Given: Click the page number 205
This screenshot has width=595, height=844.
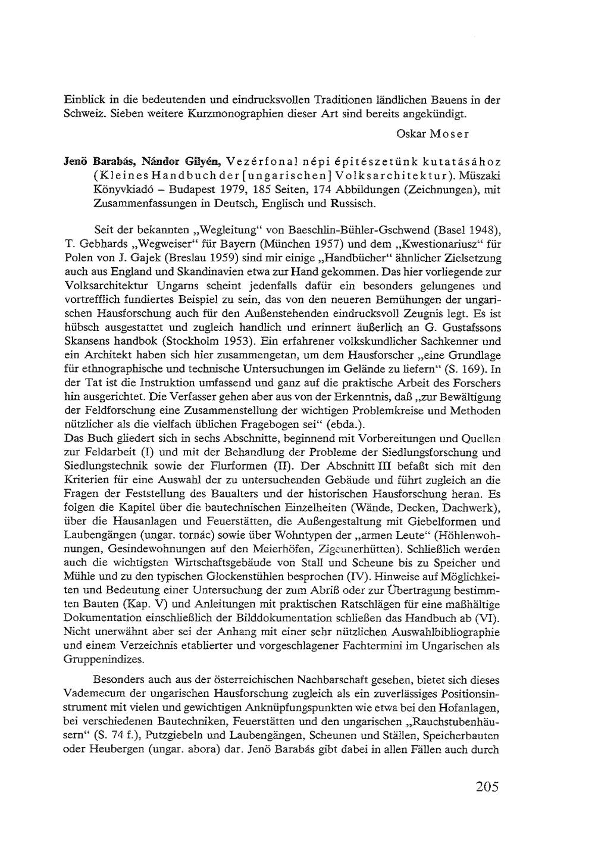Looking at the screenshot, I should (x=487, y=787).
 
